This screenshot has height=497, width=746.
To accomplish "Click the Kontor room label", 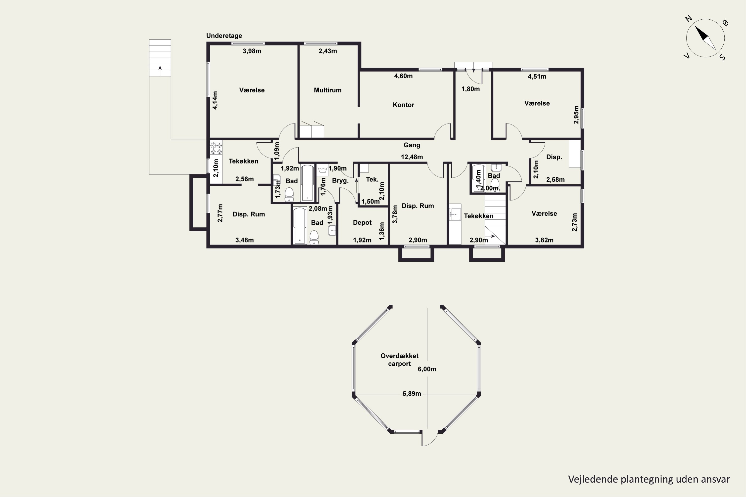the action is [403, 105].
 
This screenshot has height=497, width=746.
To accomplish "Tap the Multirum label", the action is [328, 90].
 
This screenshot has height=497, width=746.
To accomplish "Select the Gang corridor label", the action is [412, 145].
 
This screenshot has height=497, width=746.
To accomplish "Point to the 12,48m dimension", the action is [412, 157].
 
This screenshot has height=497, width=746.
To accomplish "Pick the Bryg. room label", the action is [340, 181].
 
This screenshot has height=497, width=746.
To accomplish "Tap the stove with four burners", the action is [216, 148].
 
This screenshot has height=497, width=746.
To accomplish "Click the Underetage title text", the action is [224, 36].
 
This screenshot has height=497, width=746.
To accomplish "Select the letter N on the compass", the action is [688, 19].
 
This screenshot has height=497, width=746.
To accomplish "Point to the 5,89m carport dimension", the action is [412, 394].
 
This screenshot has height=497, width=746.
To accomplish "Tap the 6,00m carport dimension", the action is [427, 369].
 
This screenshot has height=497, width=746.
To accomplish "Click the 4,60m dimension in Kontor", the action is [403, 76].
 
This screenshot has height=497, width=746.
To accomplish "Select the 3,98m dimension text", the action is [252, 51].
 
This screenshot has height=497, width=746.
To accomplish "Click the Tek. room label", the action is [372, 179].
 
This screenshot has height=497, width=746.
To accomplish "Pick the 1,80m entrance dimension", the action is [470, 89].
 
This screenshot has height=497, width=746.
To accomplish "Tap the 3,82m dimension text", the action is [544, 240].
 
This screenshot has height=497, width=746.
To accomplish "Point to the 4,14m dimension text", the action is [215, 100].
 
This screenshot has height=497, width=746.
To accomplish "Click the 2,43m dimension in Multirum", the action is [328, 51].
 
